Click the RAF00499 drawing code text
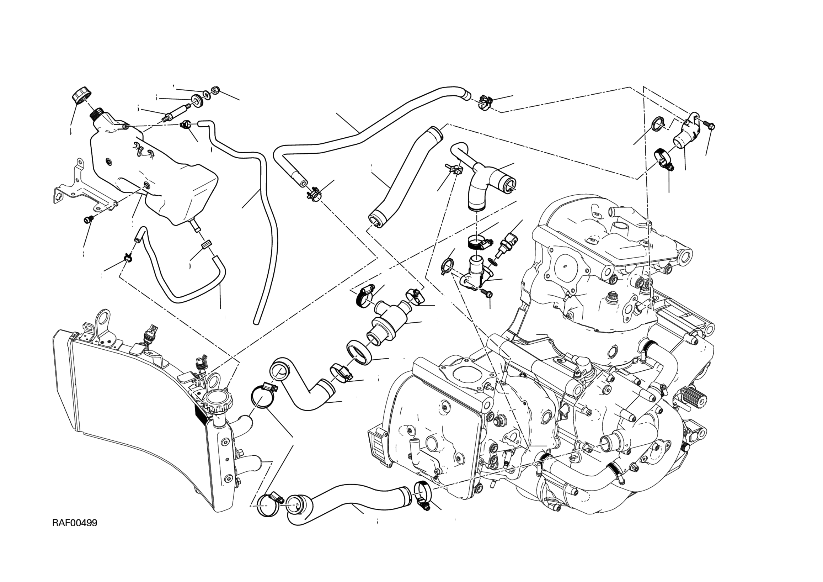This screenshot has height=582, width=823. point(75,523)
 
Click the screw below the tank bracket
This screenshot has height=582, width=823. point(88,219)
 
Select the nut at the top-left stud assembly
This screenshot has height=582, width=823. point(216,90)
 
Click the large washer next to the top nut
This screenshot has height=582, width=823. point(197,100)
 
